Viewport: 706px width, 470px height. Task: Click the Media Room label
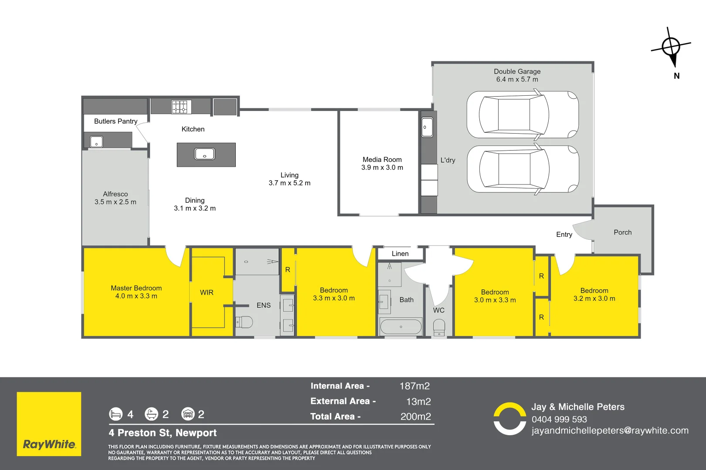pos(382,160)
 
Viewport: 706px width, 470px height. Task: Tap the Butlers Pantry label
pos(115,121)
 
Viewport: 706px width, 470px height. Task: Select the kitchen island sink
pos(204,154)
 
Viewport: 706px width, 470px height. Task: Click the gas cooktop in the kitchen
pos(181,107)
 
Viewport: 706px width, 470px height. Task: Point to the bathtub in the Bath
pos(401,326)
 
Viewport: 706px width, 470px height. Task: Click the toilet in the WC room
pos(439,327)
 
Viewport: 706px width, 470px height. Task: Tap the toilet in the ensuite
pos(244,322)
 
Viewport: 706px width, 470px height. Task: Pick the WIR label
pos(207,292)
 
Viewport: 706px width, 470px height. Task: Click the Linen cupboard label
pos(400,254)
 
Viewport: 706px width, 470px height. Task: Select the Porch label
pos(622,232)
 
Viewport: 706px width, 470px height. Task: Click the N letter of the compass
pos(676,76)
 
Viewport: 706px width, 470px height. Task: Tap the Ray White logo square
pos(49,424)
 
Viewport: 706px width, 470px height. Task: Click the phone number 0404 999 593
pos(559,420)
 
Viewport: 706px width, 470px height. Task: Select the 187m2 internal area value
pos(414,386)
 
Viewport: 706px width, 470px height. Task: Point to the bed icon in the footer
pos(115,414)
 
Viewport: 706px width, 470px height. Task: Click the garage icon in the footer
pos(188,414)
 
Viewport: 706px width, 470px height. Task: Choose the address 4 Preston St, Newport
pos(163,433)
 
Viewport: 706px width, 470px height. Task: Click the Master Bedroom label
pos(136,288)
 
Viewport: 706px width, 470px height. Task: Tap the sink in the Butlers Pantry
pos(96,142)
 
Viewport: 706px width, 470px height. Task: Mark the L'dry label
pos(448,160)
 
